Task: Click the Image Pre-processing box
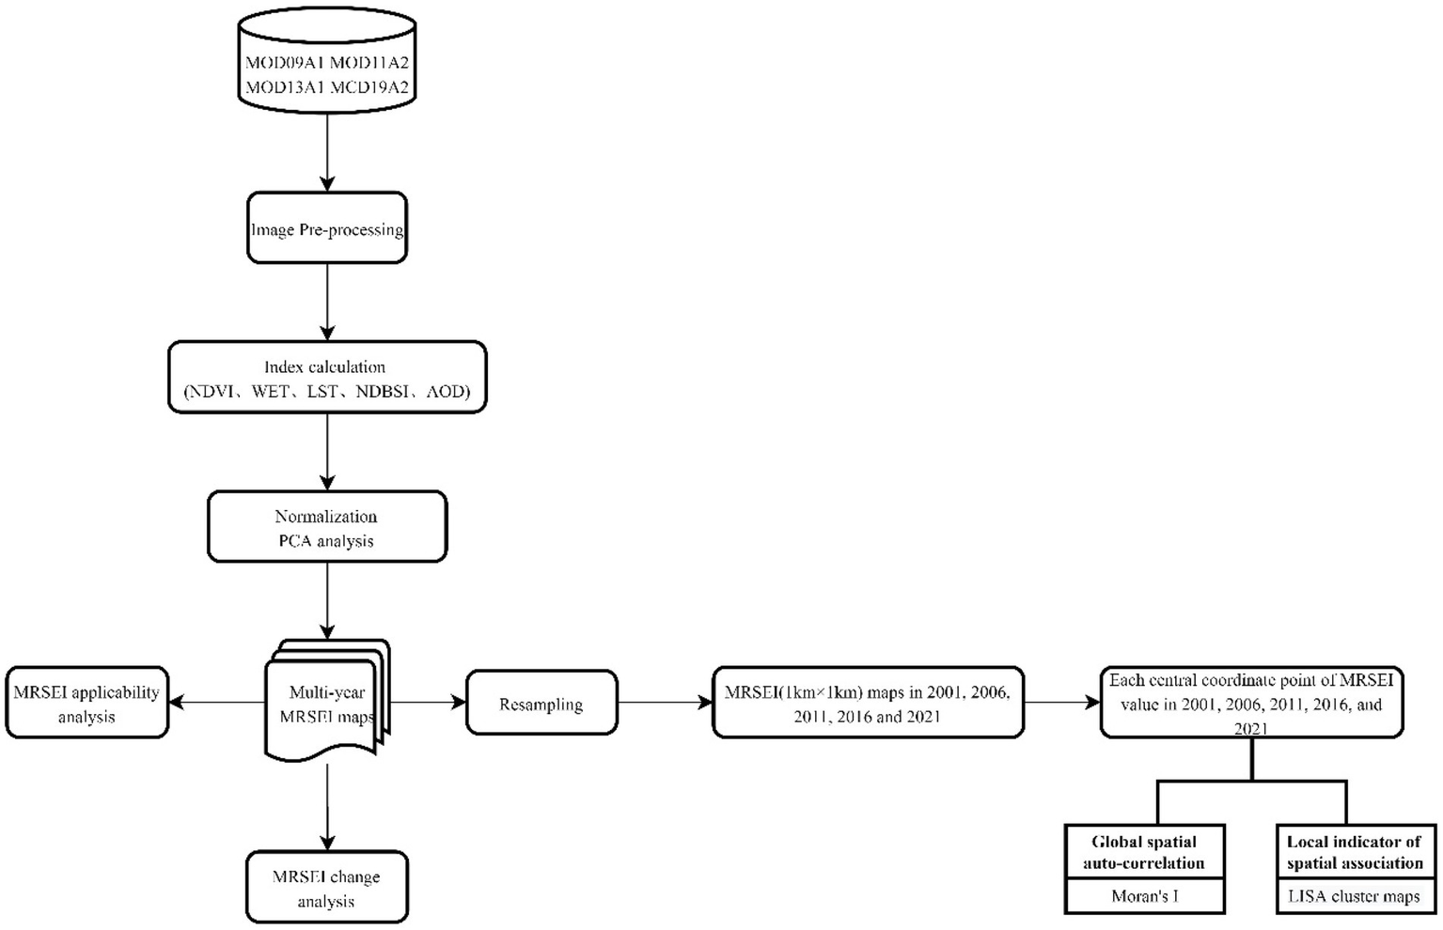(x=327, y=228)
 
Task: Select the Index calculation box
(x=327, y=378)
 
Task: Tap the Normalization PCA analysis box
(x=327, y=527)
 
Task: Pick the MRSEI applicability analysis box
(x=86, y=704)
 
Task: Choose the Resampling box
(x=541, y=704)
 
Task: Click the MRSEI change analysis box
(x=327, y=888)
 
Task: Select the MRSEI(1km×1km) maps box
(x=868, y=704)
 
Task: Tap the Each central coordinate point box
(x=1251, y=704)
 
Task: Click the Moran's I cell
(x=1144, y=896)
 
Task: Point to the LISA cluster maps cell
(x=1355, y=896)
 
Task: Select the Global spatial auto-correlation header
(x=1144, y=852)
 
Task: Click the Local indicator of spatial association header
(x=1355, y=852)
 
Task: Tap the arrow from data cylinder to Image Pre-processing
(x=327, y=150)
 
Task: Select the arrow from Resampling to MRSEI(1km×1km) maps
(x=665, y=703)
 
